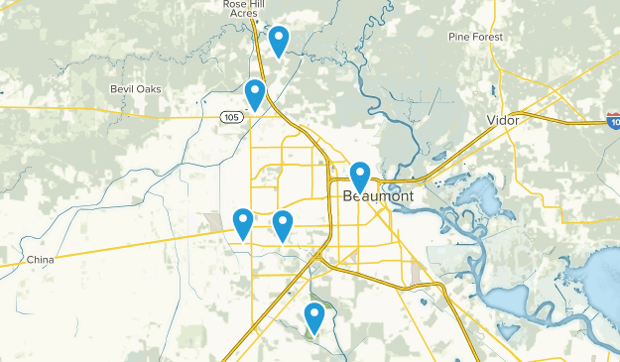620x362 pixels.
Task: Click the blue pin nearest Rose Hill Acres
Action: coord(279,41)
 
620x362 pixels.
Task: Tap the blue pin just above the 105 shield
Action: coord(255,94)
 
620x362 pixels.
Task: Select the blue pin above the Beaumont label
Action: coord(360,177)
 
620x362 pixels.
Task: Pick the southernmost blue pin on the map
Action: coord(314,317)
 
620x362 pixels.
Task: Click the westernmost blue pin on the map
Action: coord(243,224)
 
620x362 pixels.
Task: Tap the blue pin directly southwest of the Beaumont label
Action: coord(283,225)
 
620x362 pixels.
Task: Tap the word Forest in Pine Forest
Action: coord(487,38)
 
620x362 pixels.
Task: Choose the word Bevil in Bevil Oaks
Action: coord(124,89)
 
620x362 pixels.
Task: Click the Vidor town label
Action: coord(504,119)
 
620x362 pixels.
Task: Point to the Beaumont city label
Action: coord(378,196)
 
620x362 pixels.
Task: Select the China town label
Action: coord(40,260)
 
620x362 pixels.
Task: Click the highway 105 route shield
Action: coord(230,117)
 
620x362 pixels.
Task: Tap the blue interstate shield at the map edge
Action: coord(614,120)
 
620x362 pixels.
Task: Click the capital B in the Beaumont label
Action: coord(348,196)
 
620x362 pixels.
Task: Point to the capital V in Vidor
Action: coord(491,119)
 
